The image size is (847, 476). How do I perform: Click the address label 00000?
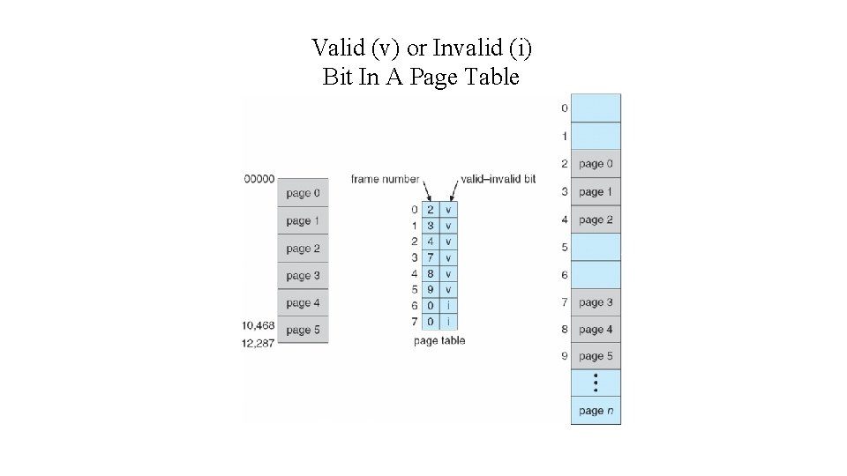259,179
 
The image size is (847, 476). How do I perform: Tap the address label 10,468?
259,326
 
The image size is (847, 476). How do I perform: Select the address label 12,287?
259,343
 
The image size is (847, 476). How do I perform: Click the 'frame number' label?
385,179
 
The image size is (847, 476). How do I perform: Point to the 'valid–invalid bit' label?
498,179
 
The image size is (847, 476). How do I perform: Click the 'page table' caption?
438,341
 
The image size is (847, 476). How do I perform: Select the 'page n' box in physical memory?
596,411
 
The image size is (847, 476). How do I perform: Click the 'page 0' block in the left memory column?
304,193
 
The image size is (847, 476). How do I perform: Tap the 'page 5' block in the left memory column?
304,331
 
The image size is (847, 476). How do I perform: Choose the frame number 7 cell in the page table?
431,258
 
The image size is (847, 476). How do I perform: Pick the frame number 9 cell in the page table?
431,290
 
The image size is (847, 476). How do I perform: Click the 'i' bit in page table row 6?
448,306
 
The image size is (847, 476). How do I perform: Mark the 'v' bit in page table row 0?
448,210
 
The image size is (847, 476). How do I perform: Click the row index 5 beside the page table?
414,290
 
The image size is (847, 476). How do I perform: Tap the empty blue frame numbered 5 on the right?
596,248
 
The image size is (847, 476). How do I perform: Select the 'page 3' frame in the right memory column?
596,302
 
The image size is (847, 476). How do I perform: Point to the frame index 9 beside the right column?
564,357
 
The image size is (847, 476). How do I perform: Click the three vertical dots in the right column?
596,383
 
